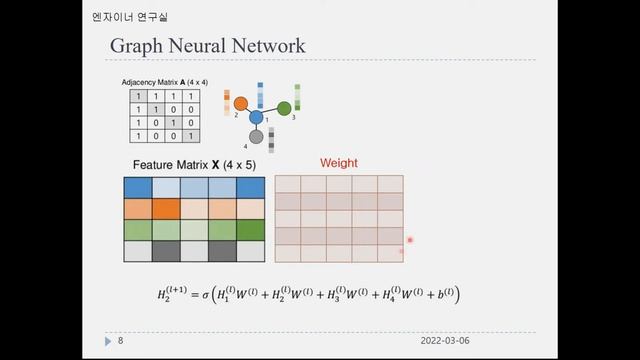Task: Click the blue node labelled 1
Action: pos(256,118)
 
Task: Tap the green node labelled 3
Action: pos(284,107)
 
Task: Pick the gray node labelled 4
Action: pos(256,137)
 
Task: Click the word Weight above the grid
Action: pos(338,163)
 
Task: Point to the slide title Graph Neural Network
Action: pos(207,46)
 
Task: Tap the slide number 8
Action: pos(120,341)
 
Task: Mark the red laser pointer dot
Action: pos(410,240)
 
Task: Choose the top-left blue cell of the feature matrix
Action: pos(137,187)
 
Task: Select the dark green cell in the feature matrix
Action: pos(251,230)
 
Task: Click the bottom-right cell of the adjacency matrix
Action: pos(190,136)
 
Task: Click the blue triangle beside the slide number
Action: pos(108,341)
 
